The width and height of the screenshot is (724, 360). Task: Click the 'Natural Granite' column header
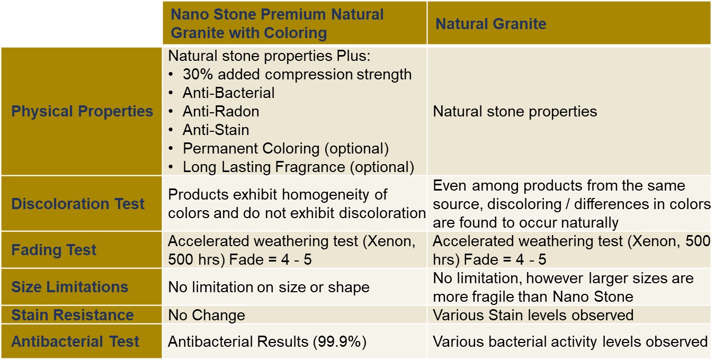tap(490, 24)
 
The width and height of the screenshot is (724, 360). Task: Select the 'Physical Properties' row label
tap(82, 111)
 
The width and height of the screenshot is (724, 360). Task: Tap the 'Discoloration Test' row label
tap(78, 204)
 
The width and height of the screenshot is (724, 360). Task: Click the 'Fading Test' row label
tap(53, 250)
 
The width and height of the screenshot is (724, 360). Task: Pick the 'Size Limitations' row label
tap(70, 287)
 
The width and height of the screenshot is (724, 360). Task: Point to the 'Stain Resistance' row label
tap(73, 315)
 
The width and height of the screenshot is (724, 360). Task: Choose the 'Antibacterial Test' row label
tap(75, 341)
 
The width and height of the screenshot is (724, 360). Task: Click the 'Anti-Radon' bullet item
tap(221, 112)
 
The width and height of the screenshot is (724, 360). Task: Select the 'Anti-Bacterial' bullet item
tap(228, 93)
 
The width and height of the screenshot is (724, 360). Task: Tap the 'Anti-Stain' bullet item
tap(216, 130)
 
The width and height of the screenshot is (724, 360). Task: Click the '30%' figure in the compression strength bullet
tap(198, 74)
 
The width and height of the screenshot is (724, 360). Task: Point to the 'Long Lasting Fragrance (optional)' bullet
tap(298, 167)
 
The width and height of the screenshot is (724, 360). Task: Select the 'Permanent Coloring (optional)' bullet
tap(285, 149)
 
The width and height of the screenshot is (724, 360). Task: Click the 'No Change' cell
tap(207, 315)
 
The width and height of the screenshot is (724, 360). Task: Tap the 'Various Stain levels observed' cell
tap(533, 315)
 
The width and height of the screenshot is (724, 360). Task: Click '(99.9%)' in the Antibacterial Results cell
tap(339, 342)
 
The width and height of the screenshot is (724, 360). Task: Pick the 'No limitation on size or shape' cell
tap(269, 287)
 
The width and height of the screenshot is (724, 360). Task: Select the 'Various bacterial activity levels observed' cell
tap(570, 342)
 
